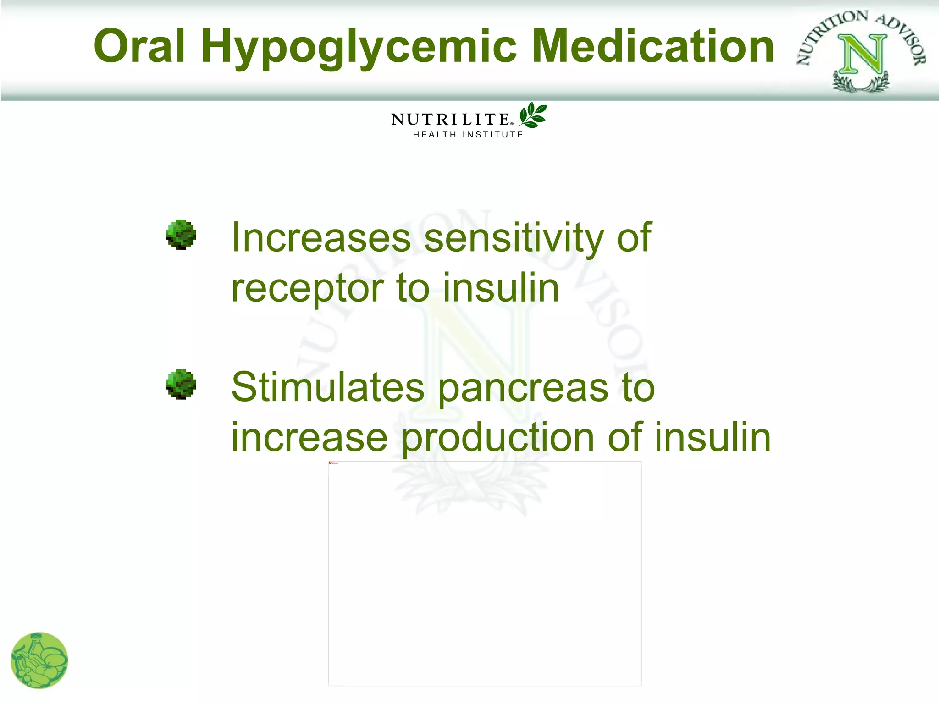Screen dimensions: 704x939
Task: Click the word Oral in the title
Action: (139, 46)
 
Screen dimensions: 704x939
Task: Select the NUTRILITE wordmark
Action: (450, 120)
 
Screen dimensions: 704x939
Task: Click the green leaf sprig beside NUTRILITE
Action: (533, 115)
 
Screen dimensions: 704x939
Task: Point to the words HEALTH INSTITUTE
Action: (468, 135)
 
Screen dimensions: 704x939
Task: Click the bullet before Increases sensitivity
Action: (181, 235)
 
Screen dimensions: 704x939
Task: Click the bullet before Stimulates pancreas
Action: (181, 384)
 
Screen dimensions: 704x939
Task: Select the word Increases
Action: (321, 237)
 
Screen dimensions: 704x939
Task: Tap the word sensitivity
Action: (514, 238)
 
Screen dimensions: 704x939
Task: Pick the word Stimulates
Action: (328, 387)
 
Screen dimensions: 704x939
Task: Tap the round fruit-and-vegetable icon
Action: (39, 660)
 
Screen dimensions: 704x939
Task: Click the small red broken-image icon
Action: (330, 463)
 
